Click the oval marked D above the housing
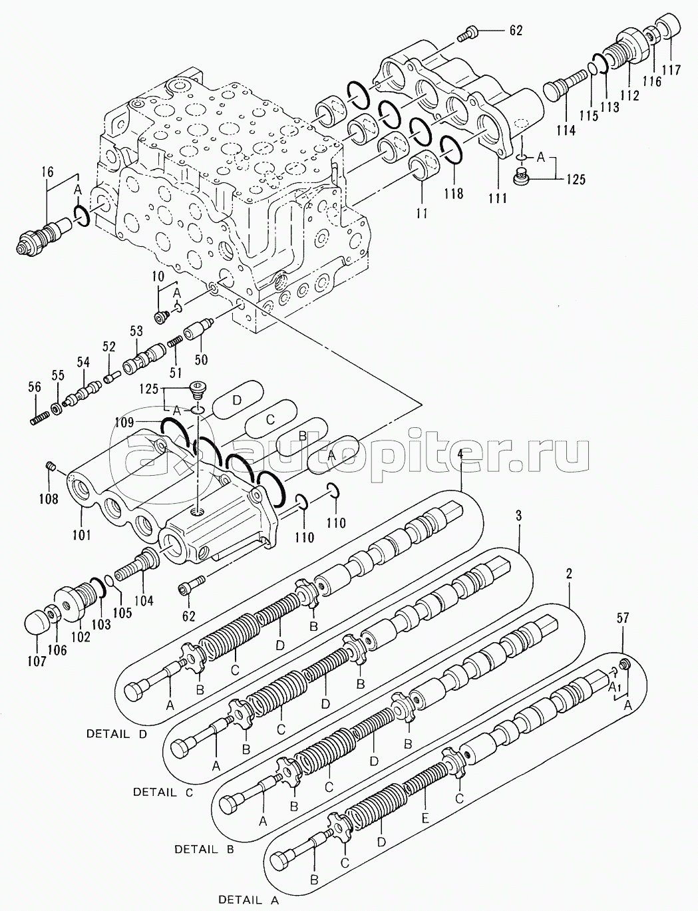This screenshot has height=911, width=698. [236, 400]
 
